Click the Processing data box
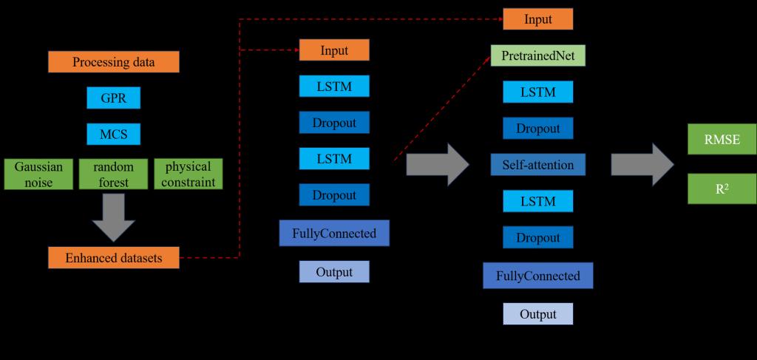click(x=114, y=62)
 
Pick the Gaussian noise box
click(x=38, y=174)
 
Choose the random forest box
click(x=114, y=174)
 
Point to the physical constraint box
click(x=189, y=174)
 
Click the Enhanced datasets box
click(x=114, y=258)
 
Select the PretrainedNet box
click(x=537, y=56)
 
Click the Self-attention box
click(x=537, y=165)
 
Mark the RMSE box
click(x=722, y=140)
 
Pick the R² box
click(x=722, y=189)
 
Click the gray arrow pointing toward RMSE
click(x=642, y=164)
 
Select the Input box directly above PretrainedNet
click(x=537, y=19)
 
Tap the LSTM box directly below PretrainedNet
click(x=537, y=92)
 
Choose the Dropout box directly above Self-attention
click(x=537, y=129)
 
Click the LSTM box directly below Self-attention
click(x=537, y=201)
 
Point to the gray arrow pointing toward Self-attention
click(x=437, y=164)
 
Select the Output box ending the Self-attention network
click(x=537, y=314)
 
